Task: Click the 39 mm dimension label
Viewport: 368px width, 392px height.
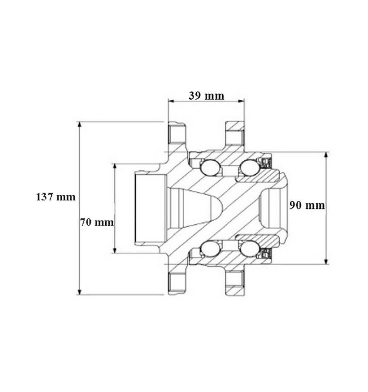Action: [206, 96]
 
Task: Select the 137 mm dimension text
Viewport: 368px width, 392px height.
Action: [56, 197]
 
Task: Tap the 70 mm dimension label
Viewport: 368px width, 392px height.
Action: [97, 222]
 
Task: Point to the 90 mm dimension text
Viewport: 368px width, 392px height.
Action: [307, 205]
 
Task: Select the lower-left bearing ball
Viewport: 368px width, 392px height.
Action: [210, 249]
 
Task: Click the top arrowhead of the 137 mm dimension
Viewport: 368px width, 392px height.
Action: [80, 125]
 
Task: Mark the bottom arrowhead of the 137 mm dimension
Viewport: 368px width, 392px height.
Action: [80, 292]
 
